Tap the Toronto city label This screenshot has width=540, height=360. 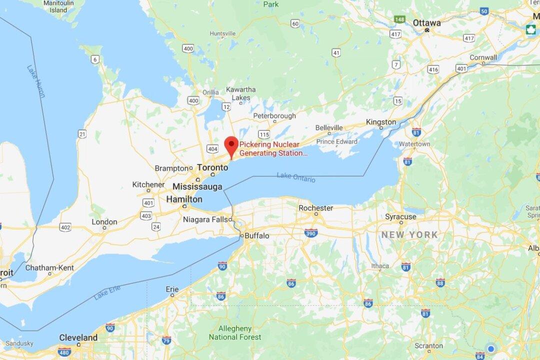[213, 167]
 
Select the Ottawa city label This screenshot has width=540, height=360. [426, 23]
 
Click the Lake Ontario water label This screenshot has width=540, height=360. [296, 176]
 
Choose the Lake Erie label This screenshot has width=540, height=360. [107, 292]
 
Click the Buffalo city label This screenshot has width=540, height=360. [256, 235]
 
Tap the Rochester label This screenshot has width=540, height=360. [315, 208]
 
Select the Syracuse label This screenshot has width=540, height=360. [400, 216]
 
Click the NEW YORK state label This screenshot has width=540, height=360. [409, 234]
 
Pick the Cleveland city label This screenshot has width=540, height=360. [78, 337]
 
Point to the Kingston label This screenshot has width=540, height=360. [380, 122]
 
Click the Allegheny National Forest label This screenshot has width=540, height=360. [235, 332]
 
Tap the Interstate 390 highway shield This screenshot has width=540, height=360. [310, 232]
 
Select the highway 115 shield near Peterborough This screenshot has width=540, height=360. [264, 134]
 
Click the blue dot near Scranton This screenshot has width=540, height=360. [491, 348]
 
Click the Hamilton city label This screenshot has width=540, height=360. [184, 199]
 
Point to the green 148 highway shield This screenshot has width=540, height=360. [399, 19]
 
